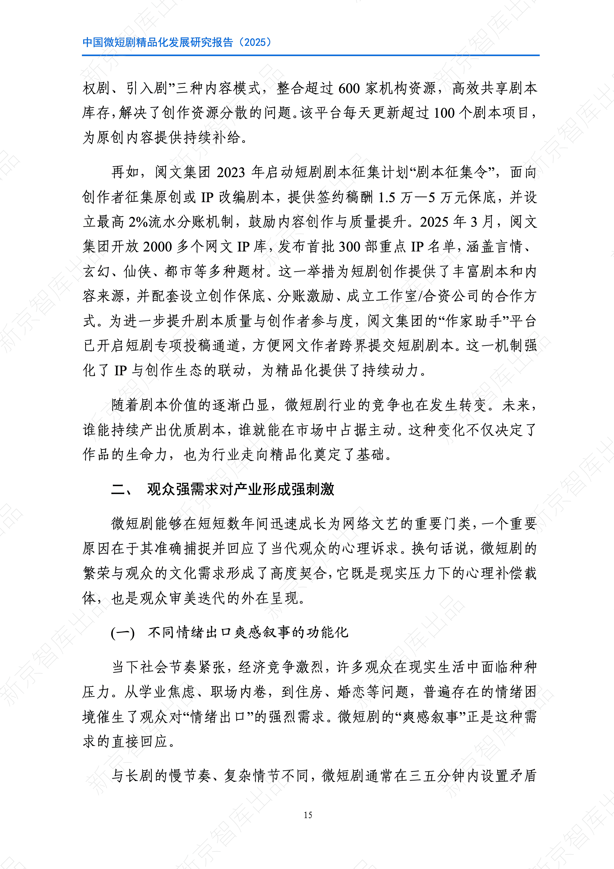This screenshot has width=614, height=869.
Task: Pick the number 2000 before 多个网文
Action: coord(157,247)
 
